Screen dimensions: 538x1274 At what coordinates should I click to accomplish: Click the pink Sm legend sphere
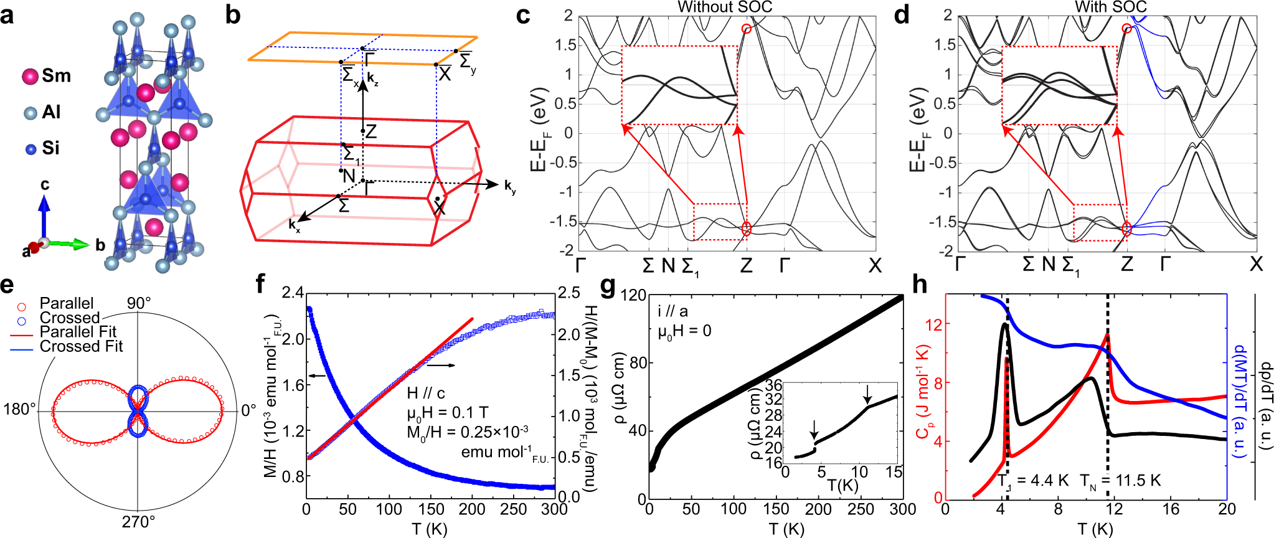tap(30, 77)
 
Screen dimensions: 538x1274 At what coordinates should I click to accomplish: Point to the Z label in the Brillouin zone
tap(371, 131)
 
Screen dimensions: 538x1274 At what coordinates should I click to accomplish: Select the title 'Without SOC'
tap(725, 7)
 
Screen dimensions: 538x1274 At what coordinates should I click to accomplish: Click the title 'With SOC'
tap(1110, 7)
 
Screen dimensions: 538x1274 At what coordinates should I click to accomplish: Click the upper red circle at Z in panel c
tap(747, 29)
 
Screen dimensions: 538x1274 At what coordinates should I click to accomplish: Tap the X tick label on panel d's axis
tap(1256, 265)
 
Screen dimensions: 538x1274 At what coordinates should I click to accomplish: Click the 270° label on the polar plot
tap(138, 522)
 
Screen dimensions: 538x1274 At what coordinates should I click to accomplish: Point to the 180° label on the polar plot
tap(19, 410)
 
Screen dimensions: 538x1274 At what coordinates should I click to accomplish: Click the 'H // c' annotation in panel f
tap(426, 393)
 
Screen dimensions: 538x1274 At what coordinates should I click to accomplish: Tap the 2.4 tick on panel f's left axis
tap(292, 293)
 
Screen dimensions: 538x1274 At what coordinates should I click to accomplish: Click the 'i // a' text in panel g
tap(672, 311)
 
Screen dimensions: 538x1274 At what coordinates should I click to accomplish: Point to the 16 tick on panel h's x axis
tap(1171, 509)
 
